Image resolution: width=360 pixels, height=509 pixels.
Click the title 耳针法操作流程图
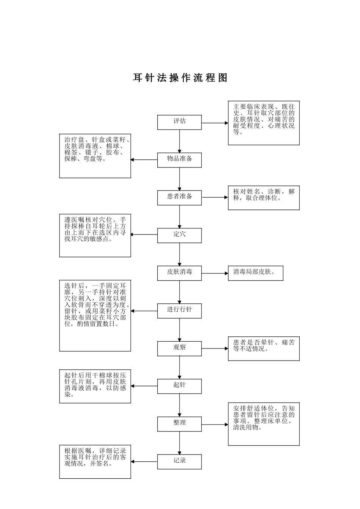pos(180,78)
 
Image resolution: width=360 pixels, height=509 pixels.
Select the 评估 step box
pos(179,122)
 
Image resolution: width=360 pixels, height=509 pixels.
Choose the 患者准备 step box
pos(179,197)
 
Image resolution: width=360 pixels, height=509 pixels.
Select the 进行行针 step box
pos(179,311)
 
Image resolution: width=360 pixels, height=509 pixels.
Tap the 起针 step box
pos(179,386)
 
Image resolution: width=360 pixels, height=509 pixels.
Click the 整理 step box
pos(179,424)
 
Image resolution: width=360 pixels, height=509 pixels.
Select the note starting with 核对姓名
pos(264,197)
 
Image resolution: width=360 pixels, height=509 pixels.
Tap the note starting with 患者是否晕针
pos(264,348)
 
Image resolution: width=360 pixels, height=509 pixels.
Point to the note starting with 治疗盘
pos(95,156)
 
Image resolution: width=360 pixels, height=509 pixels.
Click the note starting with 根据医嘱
pos(95,462)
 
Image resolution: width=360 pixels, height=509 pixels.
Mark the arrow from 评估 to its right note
pos(214,123)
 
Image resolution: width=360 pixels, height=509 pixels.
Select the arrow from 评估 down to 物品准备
pos(180,141)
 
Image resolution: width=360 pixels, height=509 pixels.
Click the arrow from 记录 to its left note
pos(144,462)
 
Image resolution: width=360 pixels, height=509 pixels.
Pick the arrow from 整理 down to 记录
pos(180,443)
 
